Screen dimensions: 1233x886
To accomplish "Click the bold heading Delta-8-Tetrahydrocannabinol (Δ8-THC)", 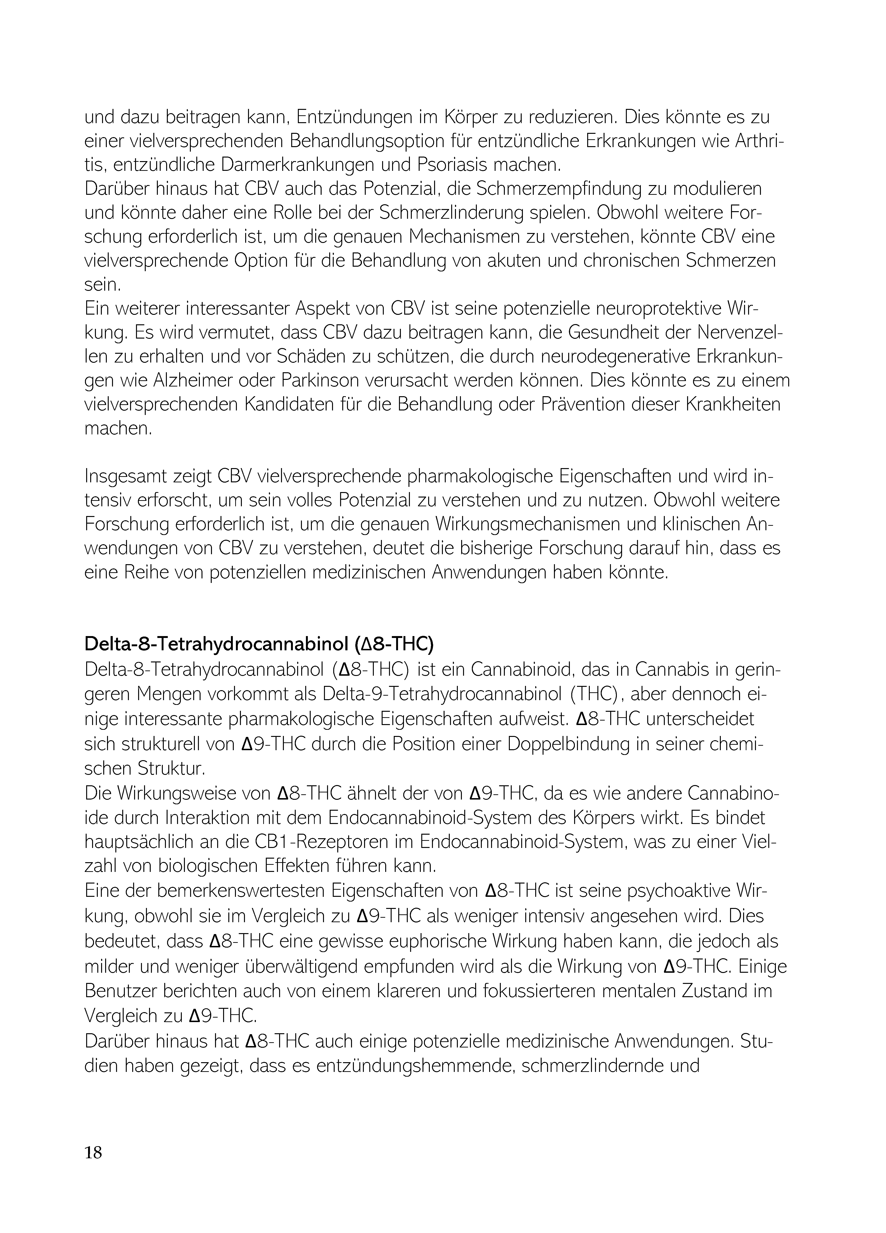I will click(259, 644).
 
